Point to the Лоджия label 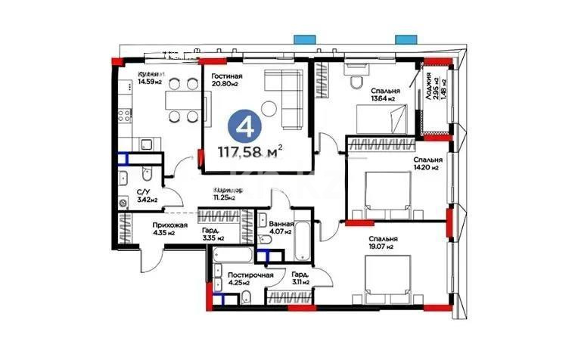[x=429, y=85]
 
